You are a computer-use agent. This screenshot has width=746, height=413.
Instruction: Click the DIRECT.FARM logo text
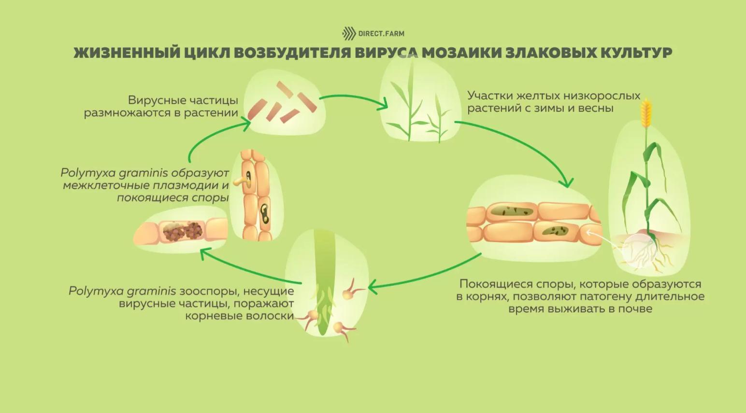[381, 34]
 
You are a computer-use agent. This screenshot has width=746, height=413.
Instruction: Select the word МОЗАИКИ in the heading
[461, 53]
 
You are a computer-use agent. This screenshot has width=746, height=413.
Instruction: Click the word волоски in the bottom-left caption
[270, 316]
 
